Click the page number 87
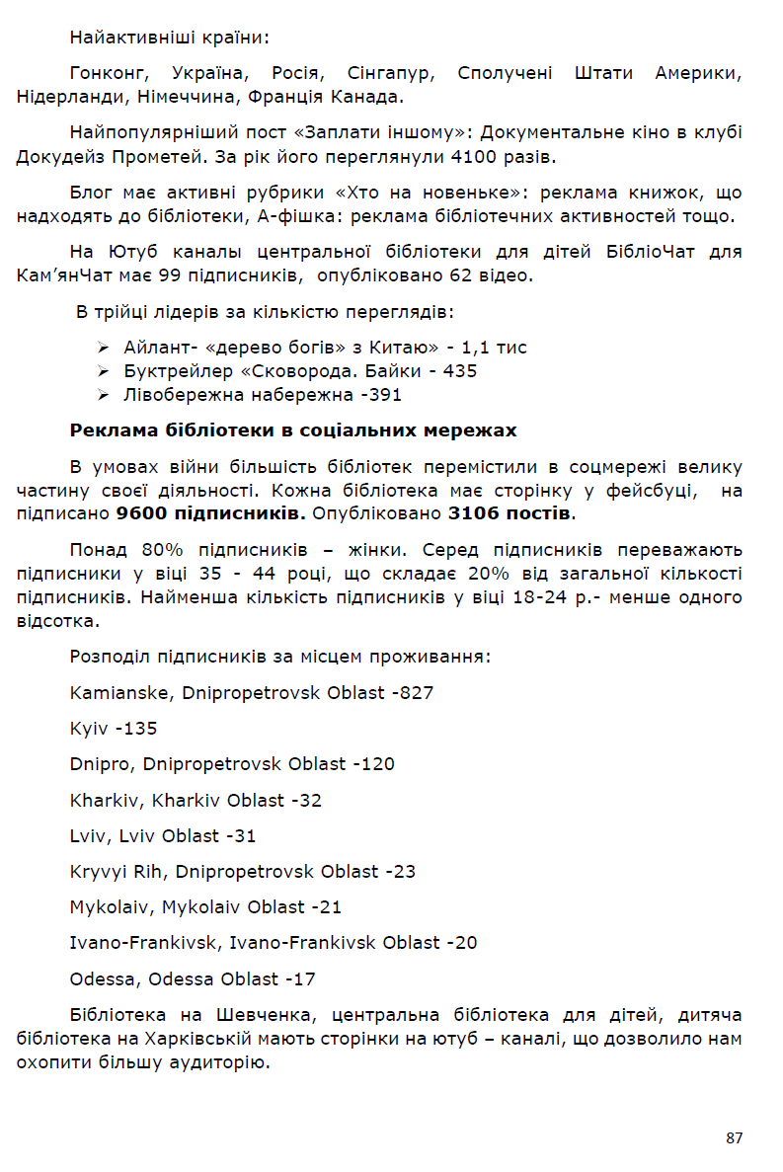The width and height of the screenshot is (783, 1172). coord(734,1138)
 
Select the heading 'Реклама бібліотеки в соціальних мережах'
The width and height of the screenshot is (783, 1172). coord(293,430)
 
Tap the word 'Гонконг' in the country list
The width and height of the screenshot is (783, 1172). coord(109,74)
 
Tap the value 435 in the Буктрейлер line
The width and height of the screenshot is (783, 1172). coord(460,371)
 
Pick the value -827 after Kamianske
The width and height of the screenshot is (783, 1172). coord(413,693)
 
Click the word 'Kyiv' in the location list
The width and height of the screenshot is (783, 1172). coord(89,729)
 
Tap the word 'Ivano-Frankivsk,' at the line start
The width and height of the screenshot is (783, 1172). coord(146,943)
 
